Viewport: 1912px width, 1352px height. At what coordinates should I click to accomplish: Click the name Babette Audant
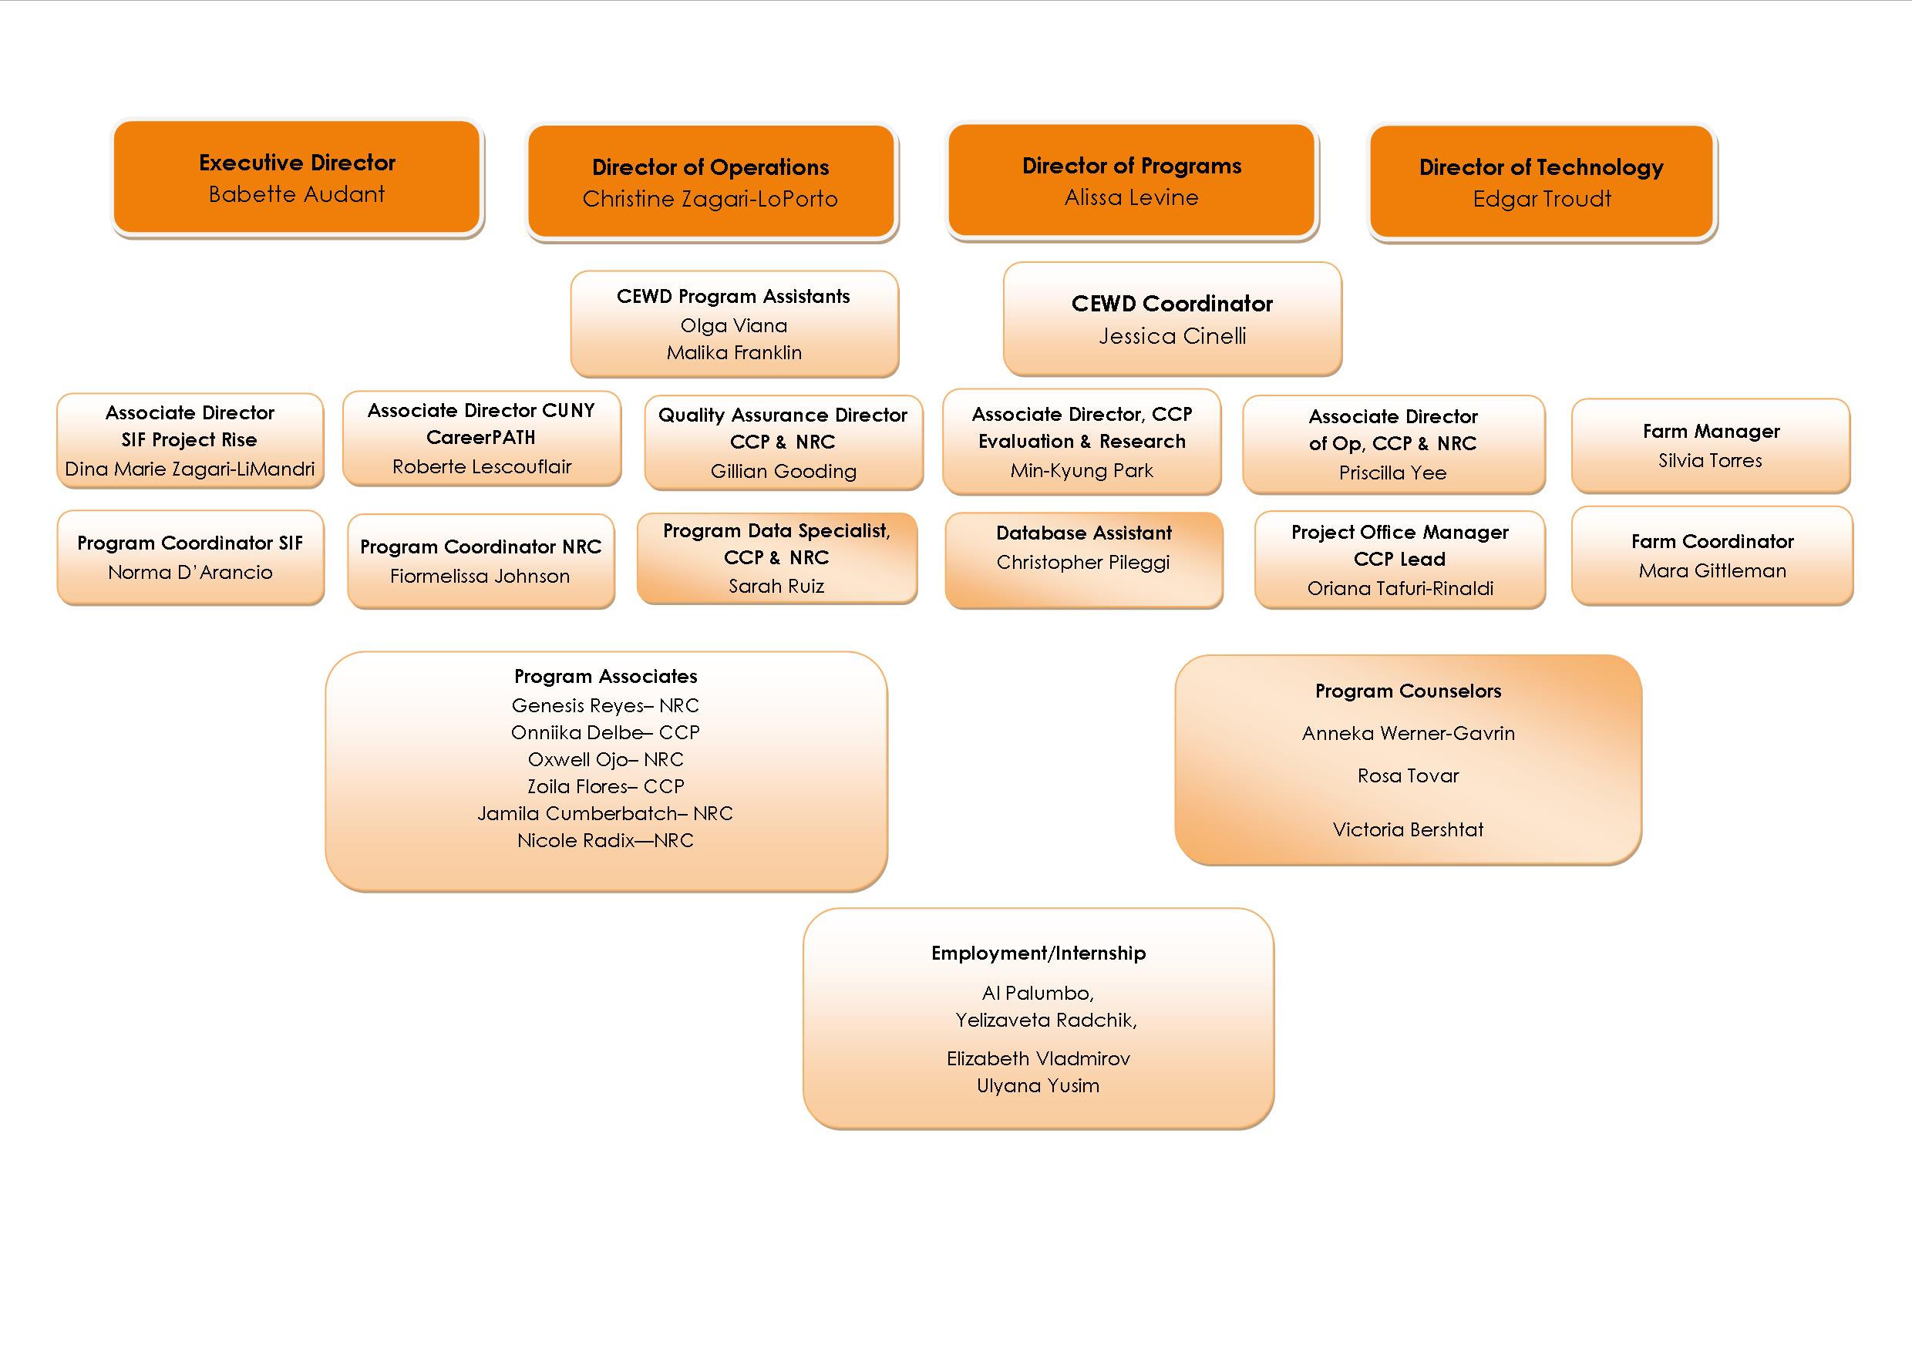pyautogui.click(x=297, y=195)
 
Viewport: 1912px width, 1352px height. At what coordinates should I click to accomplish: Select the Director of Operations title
pyautogui.click(x=710, y=167)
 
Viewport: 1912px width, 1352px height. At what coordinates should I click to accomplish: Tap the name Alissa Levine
pyautogui.click(x=1131, y=198)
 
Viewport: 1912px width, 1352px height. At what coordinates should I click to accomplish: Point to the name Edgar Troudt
pyautogui.click(x=1541, y=199)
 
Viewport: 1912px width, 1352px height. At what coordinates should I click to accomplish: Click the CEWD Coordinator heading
pyautogui.click(x=1172, y=304)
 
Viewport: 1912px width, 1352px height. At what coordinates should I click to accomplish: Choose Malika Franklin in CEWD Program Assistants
pyautogui.click(x=734, y=353)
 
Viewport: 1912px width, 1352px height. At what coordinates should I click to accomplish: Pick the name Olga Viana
pyautogui.click(x=734, y=325)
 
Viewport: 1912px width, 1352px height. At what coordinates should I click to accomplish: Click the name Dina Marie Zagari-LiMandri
pyautogui.click(x=190, y=469)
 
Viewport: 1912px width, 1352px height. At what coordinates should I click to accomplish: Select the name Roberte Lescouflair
pyautogui.click(x=481, y=467)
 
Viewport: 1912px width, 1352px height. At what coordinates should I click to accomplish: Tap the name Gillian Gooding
pyautogui.click(x=783, y=472)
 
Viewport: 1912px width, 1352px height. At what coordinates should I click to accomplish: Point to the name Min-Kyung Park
pyautogui.click(x=1081, y=471)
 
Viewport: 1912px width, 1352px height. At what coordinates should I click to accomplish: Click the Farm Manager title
pyautogui.click(x=1711, y=431)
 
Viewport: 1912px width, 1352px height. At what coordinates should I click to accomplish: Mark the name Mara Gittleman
pyautogui.click(x=1712, y=571)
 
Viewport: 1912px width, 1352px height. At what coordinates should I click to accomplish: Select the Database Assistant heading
pyautogui.click(x=1083, y=533)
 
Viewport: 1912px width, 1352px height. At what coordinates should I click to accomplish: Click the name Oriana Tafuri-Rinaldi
pyautogui.click(x=1400, y=589)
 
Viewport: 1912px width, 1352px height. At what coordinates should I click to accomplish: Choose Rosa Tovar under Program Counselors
pyautogui.click(x=1407, y=776)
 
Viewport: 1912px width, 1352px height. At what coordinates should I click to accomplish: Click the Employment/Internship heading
pyautogui.click(x=1038, y=953)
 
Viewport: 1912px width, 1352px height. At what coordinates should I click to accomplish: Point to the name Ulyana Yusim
pyautogui.click(x=1038, y=1085)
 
